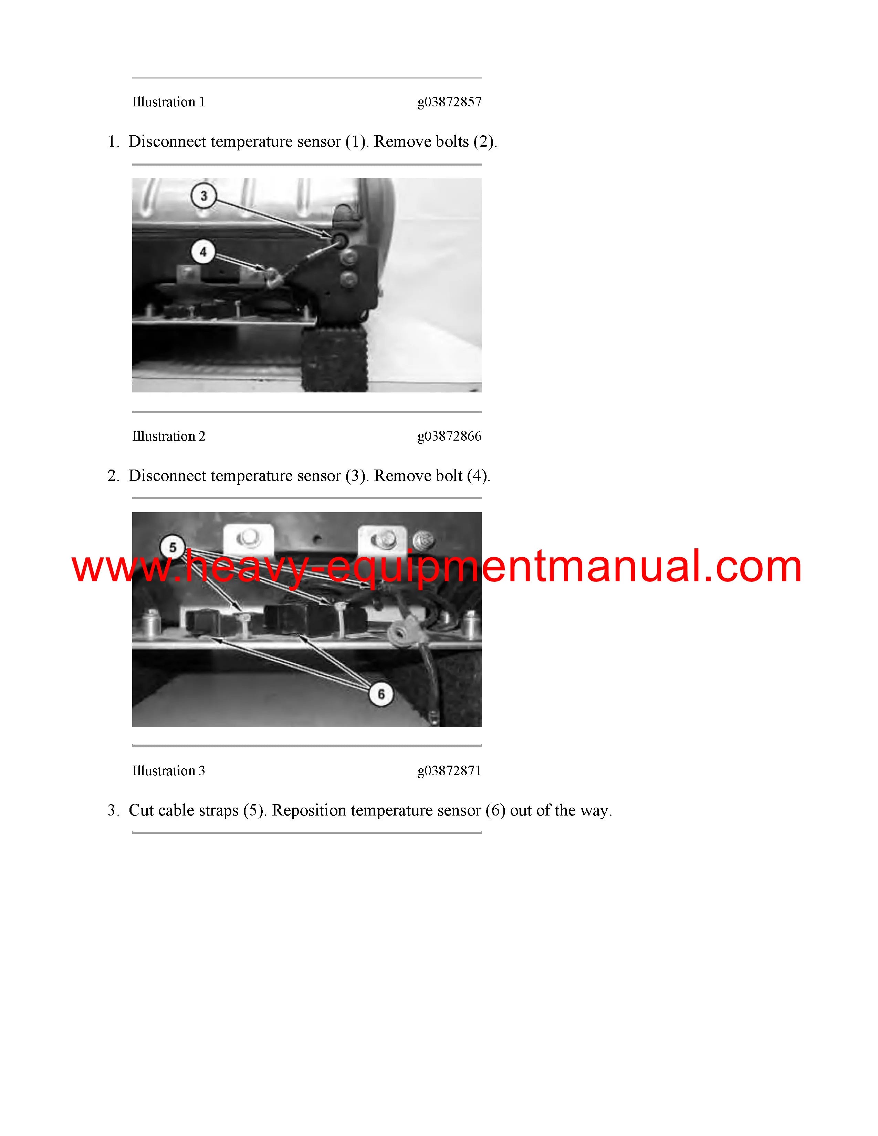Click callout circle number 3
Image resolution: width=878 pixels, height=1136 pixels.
[x=204, y=196]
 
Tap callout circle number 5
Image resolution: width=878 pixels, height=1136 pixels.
[x=173, y=547]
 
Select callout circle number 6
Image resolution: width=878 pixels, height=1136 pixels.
[x=381, y=694]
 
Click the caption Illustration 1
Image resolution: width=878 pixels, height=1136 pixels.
[x=168, y=102]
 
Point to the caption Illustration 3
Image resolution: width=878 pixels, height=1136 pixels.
[x=168, y=770]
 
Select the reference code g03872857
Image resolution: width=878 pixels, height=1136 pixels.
[x=449, y=102]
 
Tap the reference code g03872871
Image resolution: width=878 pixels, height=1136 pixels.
[x=449, y=770]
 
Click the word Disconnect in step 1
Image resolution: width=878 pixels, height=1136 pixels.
[x=167, y=141]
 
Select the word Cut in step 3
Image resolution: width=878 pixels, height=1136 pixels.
[x=141, y=810]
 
